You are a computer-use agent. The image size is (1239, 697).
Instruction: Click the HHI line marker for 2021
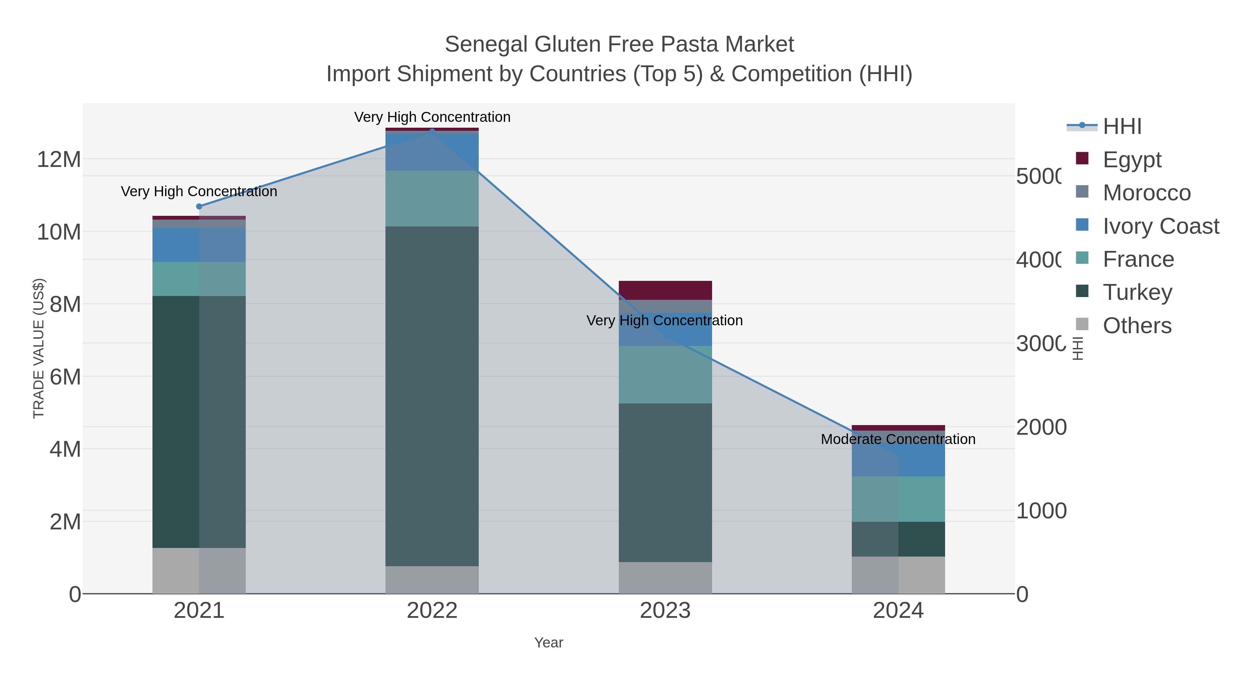pyautogui.click(x=199, y=207)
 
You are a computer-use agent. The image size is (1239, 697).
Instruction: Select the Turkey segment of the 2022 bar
pyautogui.click(x=432, y=396)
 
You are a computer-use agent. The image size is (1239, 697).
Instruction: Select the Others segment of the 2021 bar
pyautogui.click(x=199, y=570)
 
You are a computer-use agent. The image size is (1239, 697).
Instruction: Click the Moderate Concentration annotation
pyautogui.click(x=898, y=439)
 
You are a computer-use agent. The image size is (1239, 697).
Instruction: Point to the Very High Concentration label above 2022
pyautogui.click(x=432, y=117)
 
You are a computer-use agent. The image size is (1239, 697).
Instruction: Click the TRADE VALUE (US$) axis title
pyautogui.click(x=39, y=348)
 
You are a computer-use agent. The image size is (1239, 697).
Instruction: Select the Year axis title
pyautogui.click(x=548, y=643)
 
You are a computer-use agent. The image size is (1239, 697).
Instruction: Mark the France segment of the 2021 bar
pyautogui.click(x=199, y=279)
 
